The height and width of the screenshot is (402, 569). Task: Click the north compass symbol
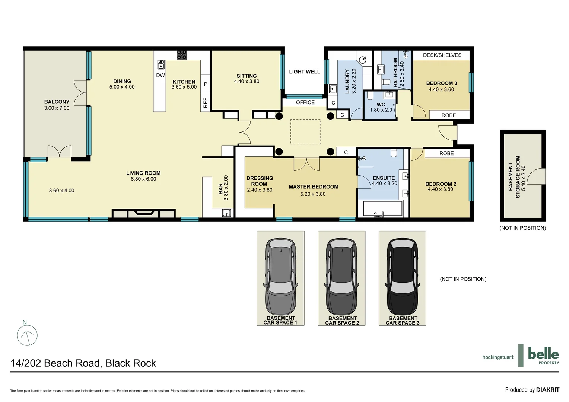[x=27, y=335]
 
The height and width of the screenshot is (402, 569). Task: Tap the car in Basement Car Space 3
[x=403, y=277]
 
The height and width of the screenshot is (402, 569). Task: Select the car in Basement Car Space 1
[x=281, y=277]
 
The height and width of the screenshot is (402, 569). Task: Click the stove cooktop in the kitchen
[x=181, y=55]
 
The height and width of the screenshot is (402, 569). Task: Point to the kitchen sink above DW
[x=160, y=64]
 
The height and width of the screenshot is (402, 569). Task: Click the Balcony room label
[x=57, y=102]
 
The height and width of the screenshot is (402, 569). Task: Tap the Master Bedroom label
[x=314, y=187]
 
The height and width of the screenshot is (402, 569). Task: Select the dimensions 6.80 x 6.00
[x=143, y=179]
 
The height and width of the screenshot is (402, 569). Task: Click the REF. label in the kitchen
[x=206, y=102]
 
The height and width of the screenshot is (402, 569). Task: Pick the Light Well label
[x=305, y=72]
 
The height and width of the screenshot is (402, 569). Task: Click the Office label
[x=305, y=102]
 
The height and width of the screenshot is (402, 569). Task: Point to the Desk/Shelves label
[x=442, y=55]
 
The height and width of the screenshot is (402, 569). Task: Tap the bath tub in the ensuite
[x=382, y=208]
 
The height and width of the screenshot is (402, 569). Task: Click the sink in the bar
[x=226, y=213]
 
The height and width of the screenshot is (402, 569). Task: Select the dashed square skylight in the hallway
[x=305, y=132]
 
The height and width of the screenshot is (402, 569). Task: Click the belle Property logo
[x=543, y=355]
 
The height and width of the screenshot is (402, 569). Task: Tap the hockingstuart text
[x=498, y=357]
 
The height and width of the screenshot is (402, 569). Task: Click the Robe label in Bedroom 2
[x=446, y=153]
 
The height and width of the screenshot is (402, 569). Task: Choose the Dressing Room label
[x=260, y=181]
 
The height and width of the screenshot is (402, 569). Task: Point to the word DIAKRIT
[x=548, y=390]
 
